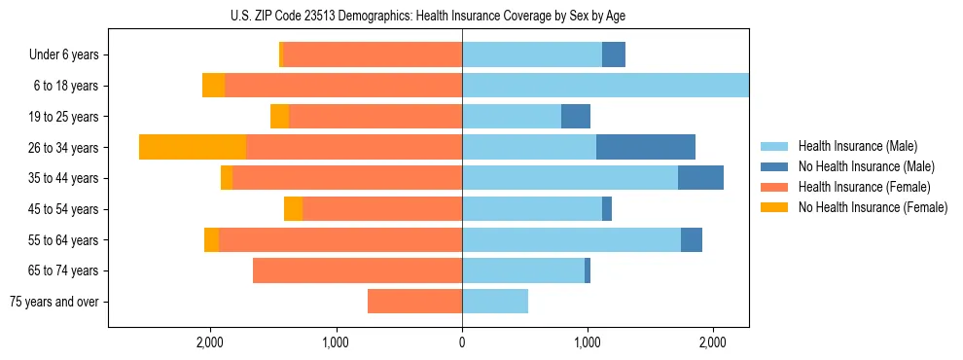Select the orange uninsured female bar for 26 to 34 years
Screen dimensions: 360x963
pos(193,147)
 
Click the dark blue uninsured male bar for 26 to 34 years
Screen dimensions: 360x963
pos(646,147)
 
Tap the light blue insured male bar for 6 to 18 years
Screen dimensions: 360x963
pos(605,86)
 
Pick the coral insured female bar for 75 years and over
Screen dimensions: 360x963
pos(414,302)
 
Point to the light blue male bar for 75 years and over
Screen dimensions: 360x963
pos(495,302)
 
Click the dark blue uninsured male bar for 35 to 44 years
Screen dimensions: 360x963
pos(700,178)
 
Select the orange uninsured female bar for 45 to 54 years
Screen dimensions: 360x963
pos(293,209)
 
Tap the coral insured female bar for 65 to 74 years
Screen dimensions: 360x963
pos(357,270)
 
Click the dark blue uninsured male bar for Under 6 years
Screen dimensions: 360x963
pos(614,54)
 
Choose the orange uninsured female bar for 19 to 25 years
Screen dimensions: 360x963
pos(279,117)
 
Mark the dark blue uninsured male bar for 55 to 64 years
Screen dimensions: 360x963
pos(692,239)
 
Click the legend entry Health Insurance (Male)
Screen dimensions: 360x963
pos(857,146)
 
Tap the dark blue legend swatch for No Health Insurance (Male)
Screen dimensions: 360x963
pos(774,166)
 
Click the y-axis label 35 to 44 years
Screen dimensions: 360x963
pos(63,178)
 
